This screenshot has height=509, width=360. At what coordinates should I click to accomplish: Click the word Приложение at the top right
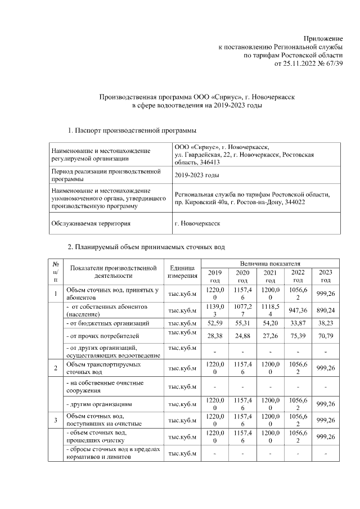[x=323, y=37]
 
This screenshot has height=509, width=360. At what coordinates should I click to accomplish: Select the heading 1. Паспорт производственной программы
[x=132, y=131]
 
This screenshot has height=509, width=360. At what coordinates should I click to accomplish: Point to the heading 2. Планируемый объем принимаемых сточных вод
[x=146, y=247]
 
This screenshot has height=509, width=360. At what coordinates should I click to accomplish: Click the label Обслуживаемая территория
[x=91, y=223]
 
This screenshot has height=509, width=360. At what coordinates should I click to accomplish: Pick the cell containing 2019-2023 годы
[x=196, y=175]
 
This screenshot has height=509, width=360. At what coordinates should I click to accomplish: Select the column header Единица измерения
[x=182, y=272]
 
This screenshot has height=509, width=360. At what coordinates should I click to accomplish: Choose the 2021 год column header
[x=271, y=276]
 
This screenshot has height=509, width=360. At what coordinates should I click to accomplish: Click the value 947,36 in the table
[x=298, y=310]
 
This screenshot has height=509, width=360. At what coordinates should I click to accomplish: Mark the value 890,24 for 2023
[x=326, y=310]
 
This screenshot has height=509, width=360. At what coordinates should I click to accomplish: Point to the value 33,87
[x=298, y=323]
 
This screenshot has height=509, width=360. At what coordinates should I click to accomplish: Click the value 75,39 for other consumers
[x=298, y=336]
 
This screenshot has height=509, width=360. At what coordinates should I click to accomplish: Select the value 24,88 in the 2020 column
[x=243, y=336]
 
